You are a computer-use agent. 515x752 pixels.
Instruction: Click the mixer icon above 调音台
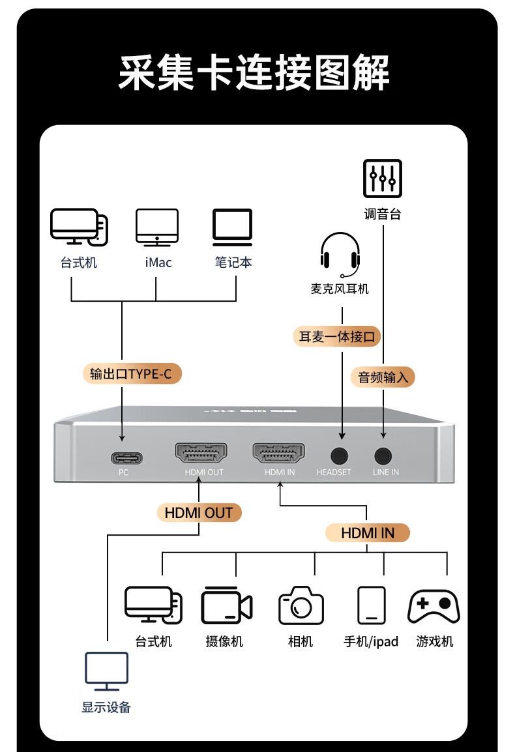coord(382,179)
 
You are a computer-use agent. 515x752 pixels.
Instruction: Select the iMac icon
coord(156,227)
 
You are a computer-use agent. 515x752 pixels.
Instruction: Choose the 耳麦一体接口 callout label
coord(336,337)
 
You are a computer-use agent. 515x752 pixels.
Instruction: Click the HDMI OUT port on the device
coord(201,453)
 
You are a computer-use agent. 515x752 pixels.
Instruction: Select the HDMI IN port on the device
coord(279,453)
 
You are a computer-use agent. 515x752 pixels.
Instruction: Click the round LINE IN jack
coord(383,454)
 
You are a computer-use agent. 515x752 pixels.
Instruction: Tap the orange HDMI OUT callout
coord(199,513)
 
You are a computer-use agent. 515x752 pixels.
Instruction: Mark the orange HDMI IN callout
coord(367,533)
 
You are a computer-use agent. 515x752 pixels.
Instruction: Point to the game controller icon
coord(434,606)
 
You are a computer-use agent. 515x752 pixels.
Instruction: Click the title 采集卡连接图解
coord(254,72)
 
